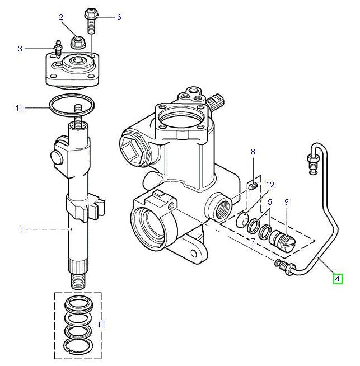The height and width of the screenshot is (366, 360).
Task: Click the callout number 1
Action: pyautogui.click(x=22, y=229)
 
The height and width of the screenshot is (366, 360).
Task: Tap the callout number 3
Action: pyautogui.click(x=20, y=49)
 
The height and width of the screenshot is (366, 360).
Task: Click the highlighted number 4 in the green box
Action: pyautogui.click(x=337, y=278)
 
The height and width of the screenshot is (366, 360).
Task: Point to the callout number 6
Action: pyautogui.click(x=119, y=17)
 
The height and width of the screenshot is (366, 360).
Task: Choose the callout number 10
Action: pyautogui.click(x=101, y=324)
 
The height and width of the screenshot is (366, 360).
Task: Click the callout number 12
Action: pyautogui.click(x=270, y=184)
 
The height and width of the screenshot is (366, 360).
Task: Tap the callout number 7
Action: pyautogui.click(x=253, y=241)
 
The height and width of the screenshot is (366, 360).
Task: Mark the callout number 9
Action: pyautogui.click(x=287, y=201)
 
